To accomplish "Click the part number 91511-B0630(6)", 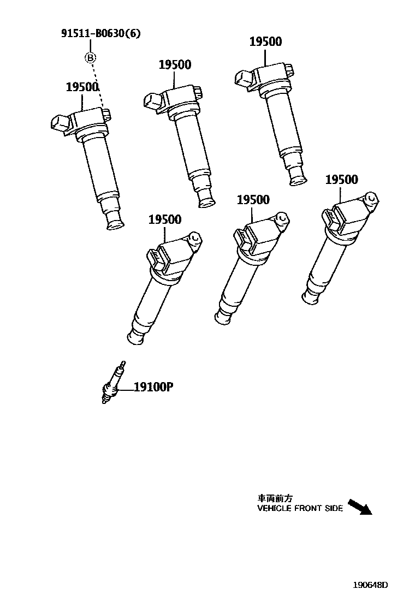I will click(x=100, y=34).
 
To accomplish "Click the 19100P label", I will click(x=153, y=388).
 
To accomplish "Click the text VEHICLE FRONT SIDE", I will click(x=300, y=508).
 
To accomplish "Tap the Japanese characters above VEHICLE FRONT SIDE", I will click(x=275, y=498).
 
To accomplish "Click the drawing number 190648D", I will click(x=369, y=585).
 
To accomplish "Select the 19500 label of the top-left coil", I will click(x=82, y=87).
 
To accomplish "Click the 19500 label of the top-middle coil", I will click(x=175, y=65).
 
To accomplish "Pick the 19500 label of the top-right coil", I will click(x=266, y=42).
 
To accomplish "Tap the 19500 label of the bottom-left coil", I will click(x=165, y=219).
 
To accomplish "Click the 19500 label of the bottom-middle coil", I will click(x=253, y=200).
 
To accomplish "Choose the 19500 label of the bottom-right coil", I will click(x=341, y=180).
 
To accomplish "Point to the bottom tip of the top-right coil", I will click(x=298, y=178).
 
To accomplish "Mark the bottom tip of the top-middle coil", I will click(x=206, y=200).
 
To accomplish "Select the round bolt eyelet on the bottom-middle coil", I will click(x=282, y=218).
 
